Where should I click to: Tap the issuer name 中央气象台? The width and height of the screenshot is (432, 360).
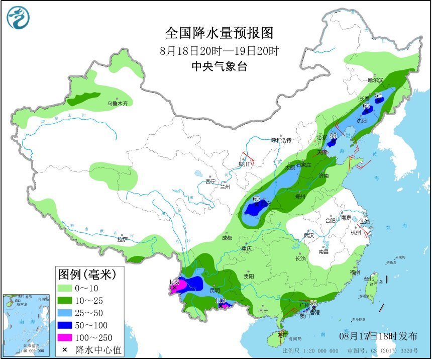pyautogui.click(x=220, y=66)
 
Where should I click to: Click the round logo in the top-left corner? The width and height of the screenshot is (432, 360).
pyautogui.click(x=18, y=18)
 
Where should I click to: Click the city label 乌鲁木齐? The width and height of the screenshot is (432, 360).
pyautogui.click(x=117, y=104)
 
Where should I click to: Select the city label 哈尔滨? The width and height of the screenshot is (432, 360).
pyautogui.click(x=375, y=80)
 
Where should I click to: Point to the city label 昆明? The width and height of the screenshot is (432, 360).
pyautogui.click(x=215, y=290)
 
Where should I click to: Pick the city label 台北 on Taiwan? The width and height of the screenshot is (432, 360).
pyautogui.click(x=368, y=279)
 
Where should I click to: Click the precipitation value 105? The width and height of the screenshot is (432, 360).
pyautogui.click(x=174, y=282)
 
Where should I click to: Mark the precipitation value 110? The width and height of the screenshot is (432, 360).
pyautogui.click(x=220, y=301)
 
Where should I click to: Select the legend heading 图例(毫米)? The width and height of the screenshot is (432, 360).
pyautogui.click(x=87, y=275)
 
